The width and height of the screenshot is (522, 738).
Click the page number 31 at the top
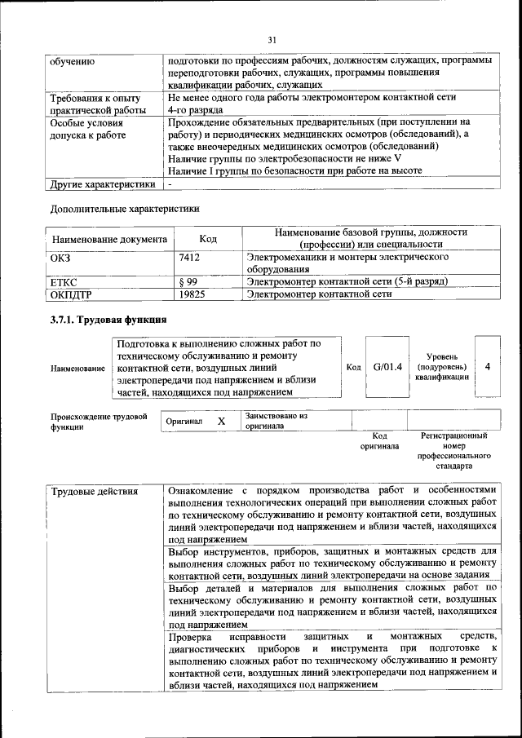point(272,38)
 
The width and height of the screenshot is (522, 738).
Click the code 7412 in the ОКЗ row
point(190,258)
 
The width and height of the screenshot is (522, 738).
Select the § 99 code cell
point(188,281)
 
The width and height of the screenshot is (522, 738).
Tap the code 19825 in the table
point(192,294)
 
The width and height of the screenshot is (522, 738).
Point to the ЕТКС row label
point(65,281)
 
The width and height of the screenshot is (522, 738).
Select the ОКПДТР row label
point(71,294)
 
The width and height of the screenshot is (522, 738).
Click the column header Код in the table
point(208,239)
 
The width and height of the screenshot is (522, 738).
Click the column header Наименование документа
point(109,240)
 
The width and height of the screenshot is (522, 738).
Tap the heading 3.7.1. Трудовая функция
point(109,320)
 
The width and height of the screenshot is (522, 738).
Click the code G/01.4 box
point(387,367)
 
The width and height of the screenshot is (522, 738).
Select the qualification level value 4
point(487,367)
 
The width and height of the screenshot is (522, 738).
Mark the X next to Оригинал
point(221,421)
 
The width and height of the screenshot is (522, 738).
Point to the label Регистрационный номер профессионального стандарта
point(453,452)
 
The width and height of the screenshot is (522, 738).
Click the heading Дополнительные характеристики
point(125,208)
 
